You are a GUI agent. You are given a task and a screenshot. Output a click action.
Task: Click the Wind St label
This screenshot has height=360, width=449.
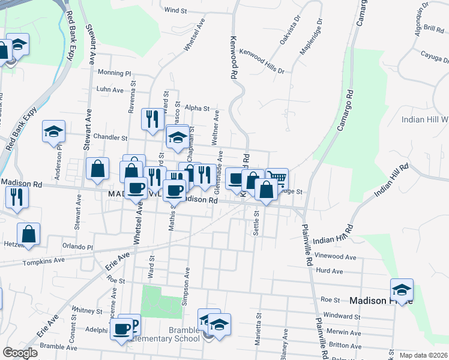click(x=176, y=10)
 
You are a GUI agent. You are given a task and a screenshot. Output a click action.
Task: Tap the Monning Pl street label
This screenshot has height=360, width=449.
click(x=114, y=73)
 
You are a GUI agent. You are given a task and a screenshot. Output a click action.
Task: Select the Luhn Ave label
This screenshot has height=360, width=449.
click(x=110, y=90)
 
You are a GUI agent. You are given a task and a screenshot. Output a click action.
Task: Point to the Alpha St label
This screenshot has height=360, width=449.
click(x=197, y=109)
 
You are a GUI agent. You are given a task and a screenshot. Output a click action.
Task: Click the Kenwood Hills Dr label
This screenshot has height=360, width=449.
click(x=262, y=61)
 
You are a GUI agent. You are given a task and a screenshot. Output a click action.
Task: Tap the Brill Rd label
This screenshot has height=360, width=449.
click(x=433, y=28)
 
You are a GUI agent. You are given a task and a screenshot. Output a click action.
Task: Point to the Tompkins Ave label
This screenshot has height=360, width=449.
click(x=43, y=262)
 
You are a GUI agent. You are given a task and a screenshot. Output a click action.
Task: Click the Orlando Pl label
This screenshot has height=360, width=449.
click(x=78, y=247)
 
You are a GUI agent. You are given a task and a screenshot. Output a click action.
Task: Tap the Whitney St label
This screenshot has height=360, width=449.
click(x=87, y=311)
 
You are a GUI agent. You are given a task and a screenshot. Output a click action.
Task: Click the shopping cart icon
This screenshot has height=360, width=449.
click(x=277, y=179)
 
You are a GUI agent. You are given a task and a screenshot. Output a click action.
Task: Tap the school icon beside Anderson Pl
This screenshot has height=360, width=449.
click(x=53, y=132)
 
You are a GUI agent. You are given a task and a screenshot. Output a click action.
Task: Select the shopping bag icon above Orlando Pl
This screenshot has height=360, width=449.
click(x=28, y=235)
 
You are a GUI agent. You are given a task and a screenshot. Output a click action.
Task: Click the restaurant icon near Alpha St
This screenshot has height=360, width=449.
click(x=152, y=118)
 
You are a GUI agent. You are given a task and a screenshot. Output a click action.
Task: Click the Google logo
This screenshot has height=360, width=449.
click(x=20, y=353)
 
